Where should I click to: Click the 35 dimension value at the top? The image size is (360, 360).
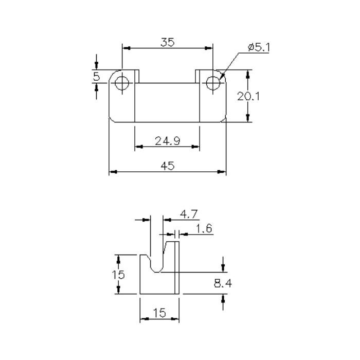[x=167, y=43]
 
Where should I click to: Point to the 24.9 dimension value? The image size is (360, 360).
[x=167, y=140]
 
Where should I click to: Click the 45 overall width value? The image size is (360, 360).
[x=167, y=166]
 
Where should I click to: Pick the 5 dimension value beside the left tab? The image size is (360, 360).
[x=96, y=77]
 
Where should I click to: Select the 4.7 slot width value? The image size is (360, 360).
[x=189, y=213]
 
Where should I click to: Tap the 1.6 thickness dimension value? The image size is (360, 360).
[x=204, y=228]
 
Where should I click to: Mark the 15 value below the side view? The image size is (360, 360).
[x=159, y=312]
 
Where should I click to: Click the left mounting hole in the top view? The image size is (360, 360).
[x=122, y=83]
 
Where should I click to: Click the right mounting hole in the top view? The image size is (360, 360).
[x=212, y=83]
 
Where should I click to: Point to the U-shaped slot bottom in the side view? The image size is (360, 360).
[x=156, y=269]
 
